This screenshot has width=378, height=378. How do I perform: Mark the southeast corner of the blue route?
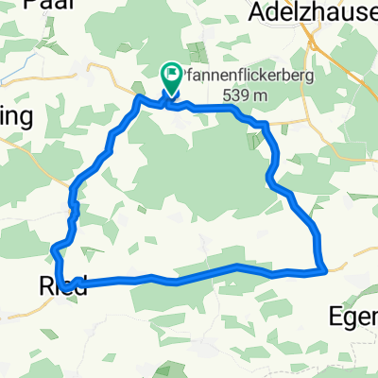pyautogui.click(x=324, y=270)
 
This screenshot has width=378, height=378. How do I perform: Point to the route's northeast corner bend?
pyautogui.click(x=266, y=124)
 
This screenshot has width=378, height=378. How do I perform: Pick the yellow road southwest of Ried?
pyautogui.click(x=19, y=307)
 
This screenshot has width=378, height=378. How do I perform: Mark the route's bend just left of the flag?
pyautogui.click(x=140, y=97)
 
